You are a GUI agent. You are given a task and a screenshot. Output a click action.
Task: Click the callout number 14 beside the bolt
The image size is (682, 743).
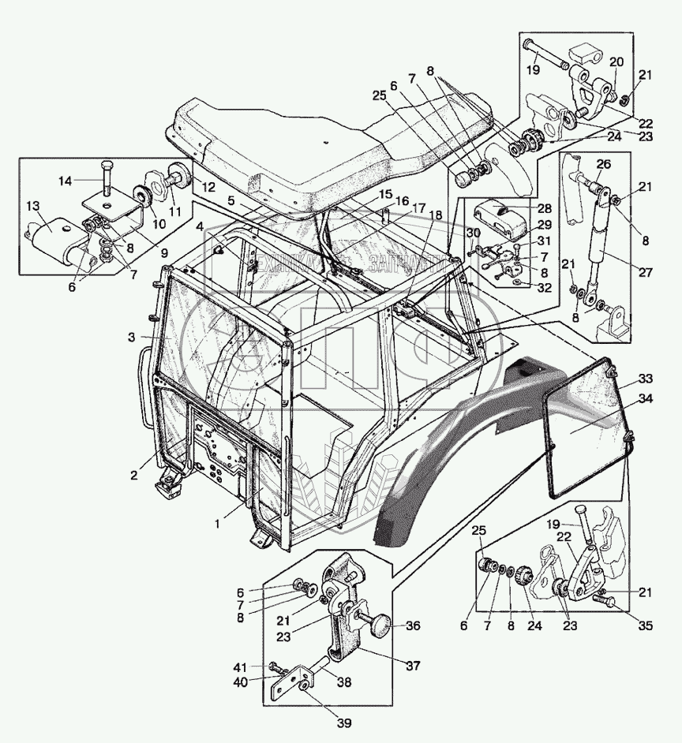(x=66, y=181)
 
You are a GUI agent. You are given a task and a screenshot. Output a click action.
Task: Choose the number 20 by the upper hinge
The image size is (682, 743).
(x=616, y=62)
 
